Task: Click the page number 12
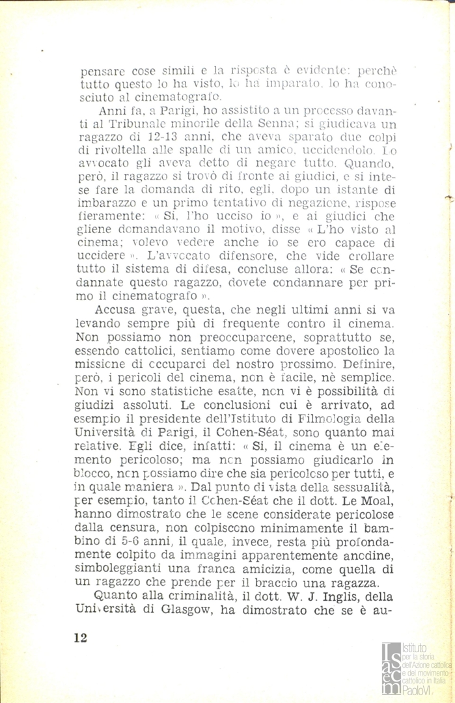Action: (x=81, y=637)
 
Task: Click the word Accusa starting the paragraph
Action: (x=120, y=310)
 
